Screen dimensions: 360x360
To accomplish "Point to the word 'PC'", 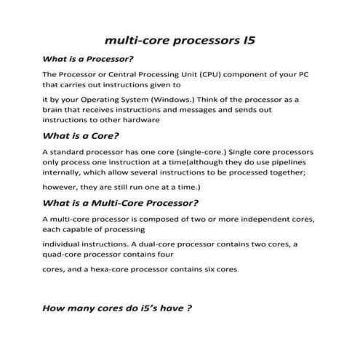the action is click(307, 74).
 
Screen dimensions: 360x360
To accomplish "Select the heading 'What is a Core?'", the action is click(81, 136).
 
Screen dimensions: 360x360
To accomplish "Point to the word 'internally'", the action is click(64, 174).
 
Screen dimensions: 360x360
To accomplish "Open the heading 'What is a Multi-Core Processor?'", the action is click(121, 203).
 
